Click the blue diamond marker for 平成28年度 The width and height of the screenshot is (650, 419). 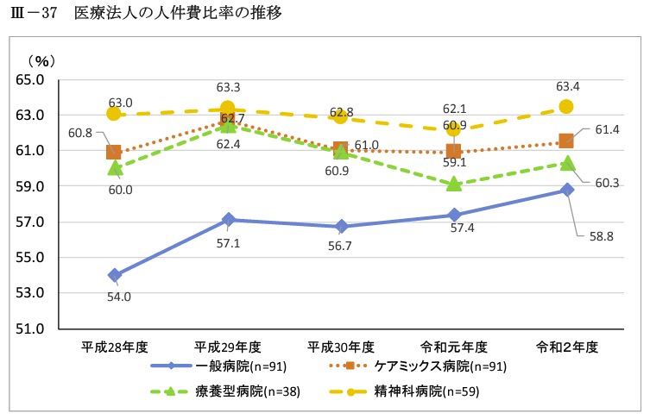click(115, 275)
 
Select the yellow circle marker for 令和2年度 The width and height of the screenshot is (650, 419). click(566, 106)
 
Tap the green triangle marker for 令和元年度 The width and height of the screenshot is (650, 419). click(453, 184)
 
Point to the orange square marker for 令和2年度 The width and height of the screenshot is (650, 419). click(566, 141)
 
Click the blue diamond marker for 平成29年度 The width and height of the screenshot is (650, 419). click(228, 220)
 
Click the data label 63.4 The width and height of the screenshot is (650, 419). click(568, 86)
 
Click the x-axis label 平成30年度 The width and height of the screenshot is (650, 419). click(341, 347)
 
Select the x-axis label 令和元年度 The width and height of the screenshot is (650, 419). click(454, 347)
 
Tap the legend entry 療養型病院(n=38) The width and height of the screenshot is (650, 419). click(250, 390)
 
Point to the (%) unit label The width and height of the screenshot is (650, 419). click(40, 61)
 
